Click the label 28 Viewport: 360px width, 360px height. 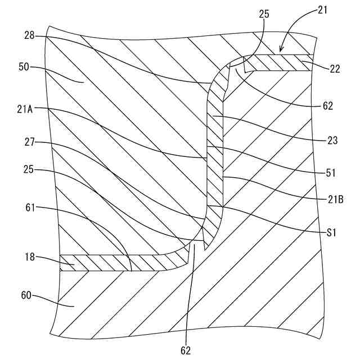pos(30,35)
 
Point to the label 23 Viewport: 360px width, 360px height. pos(332,141)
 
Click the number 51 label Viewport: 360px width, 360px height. pos(332,174)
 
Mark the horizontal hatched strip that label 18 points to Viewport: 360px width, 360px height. pos(112,262)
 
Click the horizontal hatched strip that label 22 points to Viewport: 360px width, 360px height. pos(278,62)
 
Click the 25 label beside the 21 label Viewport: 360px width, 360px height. pos(264,15)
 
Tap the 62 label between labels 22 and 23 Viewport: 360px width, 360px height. pos(328,105)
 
